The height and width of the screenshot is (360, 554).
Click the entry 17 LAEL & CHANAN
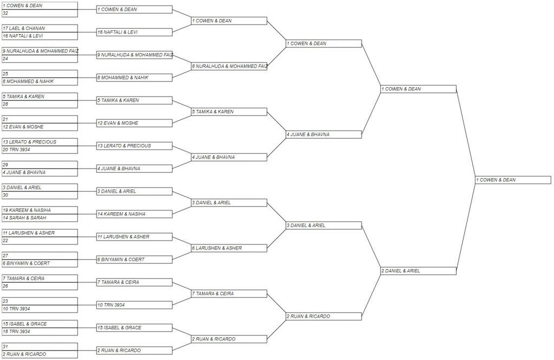pos(24,28)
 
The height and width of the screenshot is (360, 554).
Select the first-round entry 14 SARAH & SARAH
pos(24,218)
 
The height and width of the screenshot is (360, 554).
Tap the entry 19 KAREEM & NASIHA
pos(27,210)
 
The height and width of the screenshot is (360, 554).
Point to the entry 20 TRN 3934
pos(17,149)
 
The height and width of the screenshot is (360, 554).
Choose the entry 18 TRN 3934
pos(17,331)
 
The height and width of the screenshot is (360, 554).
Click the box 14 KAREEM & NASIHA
pos(134,214)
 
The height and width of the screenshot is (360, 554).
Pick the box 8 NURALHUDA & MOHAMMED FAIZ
pos(229,66)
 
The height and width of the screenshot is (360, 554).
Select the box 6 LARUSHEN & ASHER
pos(229,248)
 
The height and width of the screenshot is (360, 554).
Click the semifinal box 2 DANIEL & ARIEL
pos(418,271)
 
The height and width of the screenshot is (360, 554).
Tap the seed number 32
pos(5,13)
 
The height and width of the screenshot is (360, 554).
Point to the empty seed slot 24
pos(5,58)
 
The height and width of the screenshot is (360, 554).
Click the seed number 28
pos(5,104)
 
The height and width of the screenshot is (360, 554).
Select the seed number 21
pos(5,119)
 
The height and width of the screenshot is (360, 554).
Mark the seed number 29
pos(5,165)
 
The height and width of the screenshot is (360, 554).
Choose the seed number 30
pos(5,195)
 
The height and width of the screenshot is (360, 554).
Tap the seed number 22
pos(5,240)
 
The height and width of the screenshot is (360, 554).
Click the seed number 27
pos(5,256)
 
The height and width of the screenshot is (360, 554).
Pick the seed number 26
pos(5,286)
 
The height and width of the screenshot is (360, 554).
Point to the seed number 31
pos(5,346)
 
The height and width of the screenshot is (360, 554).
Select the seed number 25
pos(5,74)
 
